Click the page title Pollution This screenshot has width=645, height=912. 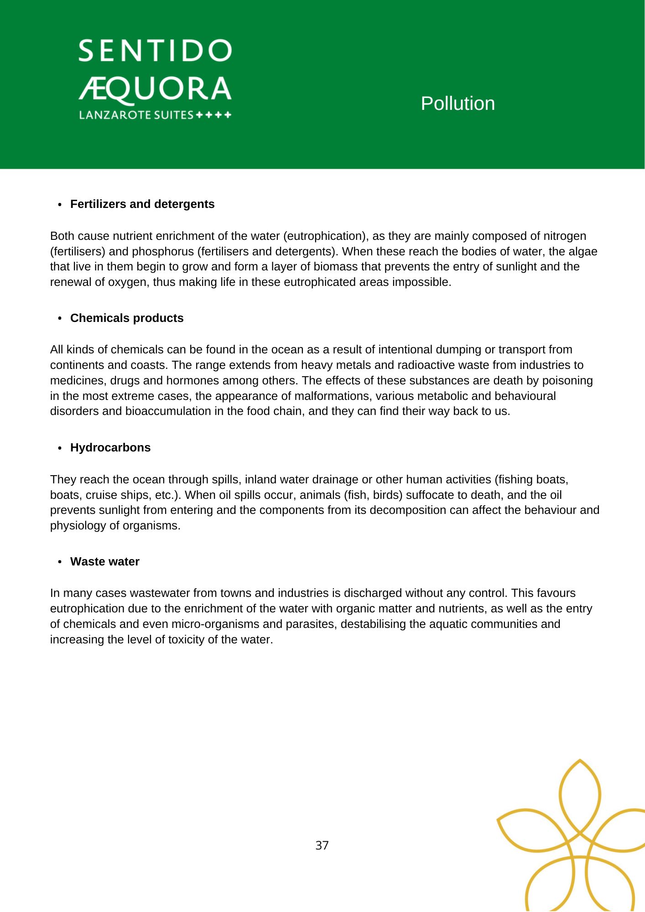pyautogui.click(x=458, y=104)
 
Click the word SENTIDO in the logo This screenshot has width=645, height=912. pyautogui.click(x=155, y=51)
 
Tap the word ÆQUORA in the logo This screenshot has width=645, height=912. pyautogui.click(x=155, y=89)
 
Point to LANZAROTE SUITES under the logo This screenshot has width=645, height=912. pyautogui.click(x=136, y=115)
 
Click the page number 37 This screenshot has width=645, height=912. pyautogui.click(x=322, y=845)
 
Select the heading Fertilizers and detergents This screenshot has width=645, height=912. pyautogui.click(x=142, y=204)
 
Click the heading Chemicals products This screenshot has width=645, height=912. pyautogui.click(x=127, y=318)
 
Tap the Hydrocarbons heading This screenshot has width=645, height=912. pyautogui.click(x=110, y=447)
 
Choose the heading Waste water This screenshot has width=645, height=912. pyautogui.click(x=105, y=561)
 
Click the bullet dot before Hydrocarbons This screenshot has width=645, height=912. pyautogui.click(x=60, y=448)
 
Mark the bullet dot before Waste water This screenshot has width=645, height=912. pyautogui.click(x=60, y=562)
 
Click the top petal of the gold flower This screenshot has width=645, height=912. pyautogui.click(x=580, y=796)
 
